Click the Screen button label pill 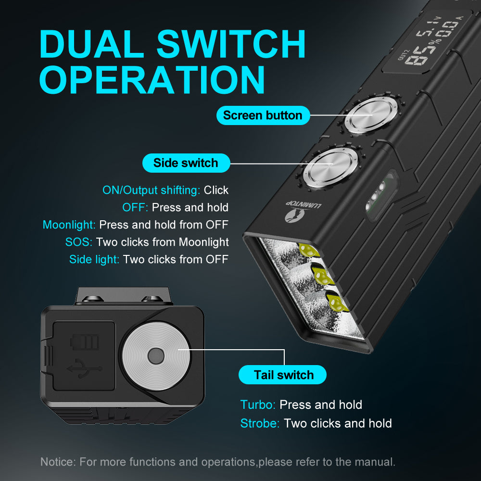pos(263,115)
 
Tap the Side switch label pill pos(186,163)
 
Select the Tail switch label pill pos(282,375)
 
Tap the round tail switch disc pos(156,356)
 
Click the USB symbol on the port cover pos(84,368)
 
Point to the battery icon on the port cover pos(85,342)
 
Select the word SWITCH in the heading pos(231,44)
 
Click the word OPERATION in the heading pos(152,79)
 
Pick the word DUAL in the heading pos(92,44)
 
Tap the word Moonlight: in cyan pos(69,225)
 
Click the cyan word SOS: pos(79,242)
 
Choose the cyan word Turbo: pos(258,405)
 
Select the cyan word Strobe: pos(260,423)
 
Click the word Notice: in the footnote pos(58,462)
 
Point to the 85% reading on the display pos(421,52)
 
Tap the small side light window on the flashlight pos(380,195)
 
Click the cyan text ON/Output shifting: pos(151,190)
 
